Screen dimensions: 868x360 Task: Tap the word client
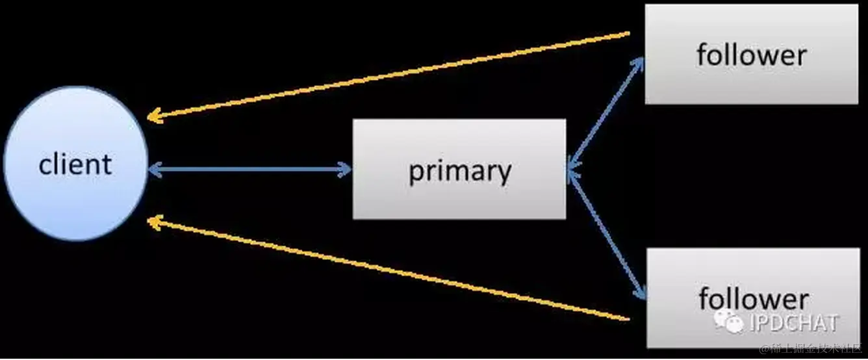tap(75, 164)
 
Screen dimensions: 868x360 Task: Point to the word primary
tap(459, 171)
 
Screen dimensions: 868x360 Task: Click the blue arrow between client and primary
tap(249, 170)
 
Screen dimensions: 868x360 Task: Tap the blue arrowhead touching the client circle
tap(153, 170)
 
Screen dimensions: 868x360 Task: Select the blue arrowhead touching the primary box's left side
tap(346, 170)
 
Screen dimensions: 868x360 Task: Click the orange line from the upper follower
tap(390, 75)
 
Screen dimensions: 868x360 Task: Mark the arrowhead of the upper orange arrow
tap(153, 118)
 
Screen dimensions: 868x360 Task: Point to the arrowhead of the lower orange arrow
tap(153, 222)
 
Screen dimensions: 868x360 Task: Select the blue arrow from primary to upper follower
tap(606, 113)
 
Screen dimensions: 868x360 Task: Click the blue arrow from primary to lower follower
tap(606, 234)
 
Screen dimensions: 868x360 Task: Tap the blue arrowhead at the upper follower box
tap(639, 62)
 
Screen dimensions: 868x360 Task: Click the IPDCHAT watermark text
tap(794, 323)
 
